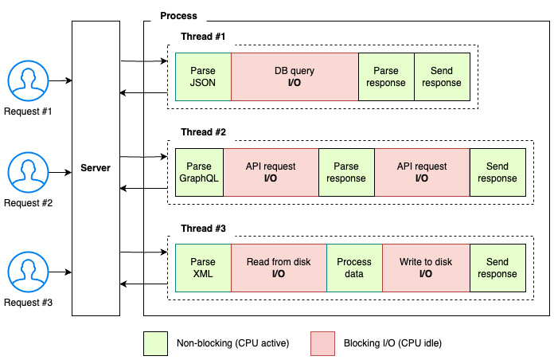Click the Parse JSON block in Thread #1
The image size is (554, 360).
(x=203, y=77)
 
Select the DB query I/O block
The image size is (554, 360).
(x=295, y=77)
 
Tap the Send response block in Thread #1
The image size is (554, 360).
(x=442, y=77)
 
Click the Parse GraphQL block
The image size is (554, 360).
(x=199, y=173)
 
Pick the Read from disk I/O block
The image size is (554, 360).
(x=279, y=268)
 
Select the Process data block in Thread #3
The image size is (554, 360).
(x=354, y=268)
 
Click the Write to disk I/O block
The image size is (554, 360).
(x=426, y=268)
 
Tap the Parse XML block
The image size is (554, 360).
(x=203, y=268)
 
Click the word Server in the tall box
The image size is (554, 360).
(x=96, y=168)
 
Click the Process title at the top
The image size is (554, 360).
(x=178, y=16)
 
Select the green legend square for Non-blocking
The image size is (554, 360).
(x=154, y=343)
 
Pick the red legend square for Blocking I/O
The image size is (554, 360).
(x=322, y=343)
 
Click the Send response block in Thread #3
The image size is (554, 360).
(x=497, y=268)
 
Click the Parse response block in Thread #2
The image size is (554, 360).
(x=346, y=173)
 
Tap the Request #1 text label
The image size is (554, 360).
(x=28, y=111)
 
